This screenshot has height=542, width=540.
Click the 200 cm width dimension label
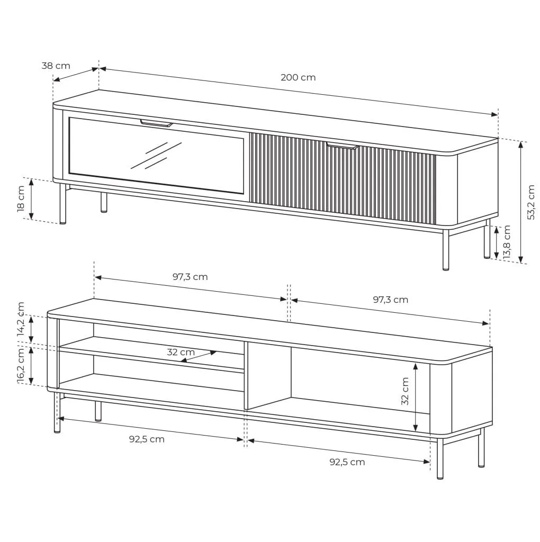[x=298, y=77]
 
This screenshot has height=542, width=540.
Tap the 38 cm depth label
[x=56, y=66]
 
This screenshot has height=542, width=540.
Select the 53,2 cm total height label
[x=531, y=202]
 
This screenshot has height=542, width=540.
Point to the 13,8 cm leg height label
[x=507, y=242]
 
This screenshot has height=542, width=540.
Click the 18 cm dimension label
[x=21, y=199]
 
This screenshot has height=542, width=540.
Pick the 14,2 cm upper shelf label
[x=21, y=319]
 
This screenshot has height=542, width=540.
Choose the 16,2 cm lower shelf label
[x=21, y=366]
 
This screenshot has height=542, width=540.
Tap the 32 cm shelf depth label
[x=181, y=352]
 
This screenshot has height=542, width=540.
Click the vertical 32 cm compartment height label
[x=405, y=391]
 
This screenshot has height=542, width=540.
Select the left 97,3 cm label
[x=190, y=277]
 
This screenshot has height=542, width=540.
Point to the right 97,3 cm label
[x=390, y=300]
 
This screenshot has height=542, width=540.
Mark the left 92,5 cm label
[x=147, y=439]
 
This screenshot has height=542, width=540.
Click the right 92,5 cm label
[x=347, y=462]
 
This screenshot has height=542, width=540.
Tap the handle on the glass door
[x=156, y=123]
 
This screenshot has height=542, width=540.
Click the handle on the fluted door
[x=342, y=146]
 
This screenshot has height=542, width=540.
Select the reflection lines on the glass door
[x=156, y=156]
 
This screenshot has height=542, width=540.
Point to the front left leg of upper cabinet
[x=62, y=204]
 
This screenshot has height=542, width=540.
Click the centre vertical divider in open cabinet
[x=246, y=376]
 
